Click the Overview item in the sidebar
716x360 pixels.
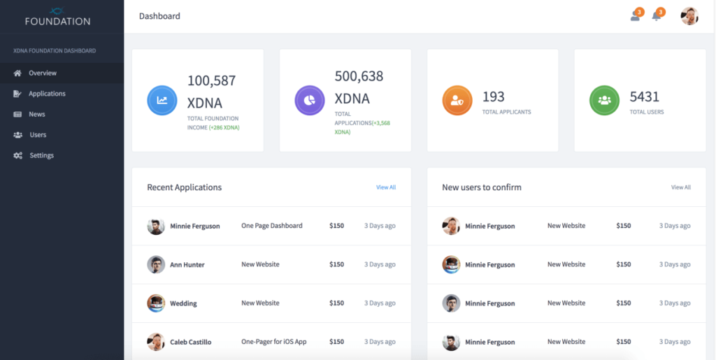(42, 73)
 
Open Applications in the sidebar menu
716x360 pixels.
(46, 94)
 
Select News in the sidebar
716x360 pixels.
(36, 114)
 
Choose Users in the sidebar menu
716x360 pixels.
(38, 135)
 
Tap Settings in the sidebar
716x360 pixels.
(41, 155)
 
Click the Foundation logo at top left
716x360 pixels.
(57, 17)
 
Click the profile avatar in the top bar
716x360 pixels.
(689, 16)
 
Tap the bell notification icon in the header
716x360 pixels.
(657, 16)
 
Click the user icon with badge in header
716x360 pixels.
(635, 16)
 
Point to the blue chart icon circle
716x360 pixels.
(162, 100)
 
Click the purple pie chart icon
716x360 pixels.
(310, 100)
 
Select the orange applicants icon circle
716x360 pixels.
(457, 100)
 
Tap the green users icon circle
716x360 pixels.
(604, 100)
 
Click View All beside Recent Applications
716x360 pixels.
(386, 187)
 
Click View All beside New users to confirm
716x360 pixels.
(680, 187)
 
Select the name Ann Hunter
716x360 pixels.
(187, 265)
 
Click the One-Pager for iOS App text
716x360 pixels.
(274, 342)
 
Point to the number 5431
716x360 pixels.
(645, 96)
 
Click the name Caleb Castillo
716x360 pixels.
(190, 343)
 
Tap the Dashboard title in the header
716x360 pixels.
(159, 16)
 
